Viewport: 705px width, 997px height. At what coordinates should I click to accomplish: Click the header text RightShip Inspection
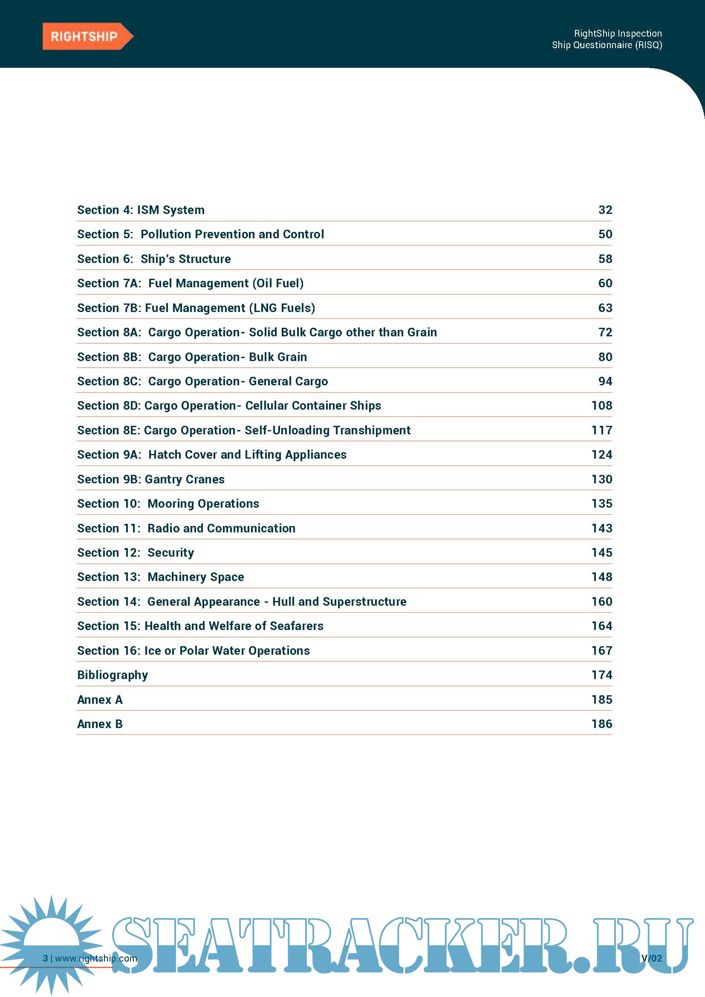pos(617,33)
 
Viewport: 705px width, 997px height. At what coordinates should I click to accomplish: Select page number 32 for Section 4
pos(605,210)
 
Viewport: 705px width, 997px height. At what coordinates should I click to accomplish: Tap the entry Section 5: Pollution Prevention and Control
pos(201,234)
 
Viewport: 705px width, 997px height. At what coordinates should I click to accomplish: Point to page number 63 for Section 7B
pos(605,308)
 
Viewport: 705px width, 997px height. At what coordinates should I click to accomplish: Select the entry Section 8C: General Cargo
pos(202,381)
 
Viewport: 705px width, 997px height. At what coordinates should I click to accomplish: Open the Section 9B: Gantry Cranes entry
pos(150,480)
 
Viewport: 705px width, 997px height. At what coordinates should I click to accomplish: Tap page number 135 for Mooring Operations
pos(602,504)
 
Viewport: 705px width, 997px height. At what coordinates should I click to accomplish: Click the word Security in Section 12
pos(170,553)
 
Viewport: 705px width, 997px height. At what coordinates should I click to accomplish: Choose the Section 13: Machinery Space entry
pos(161,577)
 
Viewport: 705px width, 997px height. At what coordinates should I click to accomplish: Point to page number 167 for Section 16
pos(602,651)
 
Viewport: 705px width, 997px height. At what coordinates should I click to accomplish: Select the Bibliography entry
pos(113,675)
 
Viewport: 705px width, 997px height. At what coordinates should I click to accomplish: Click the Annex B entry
pos(100,724)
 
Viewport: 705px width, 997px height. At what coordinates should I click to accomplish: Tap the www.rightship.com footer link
pos(96,958)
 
